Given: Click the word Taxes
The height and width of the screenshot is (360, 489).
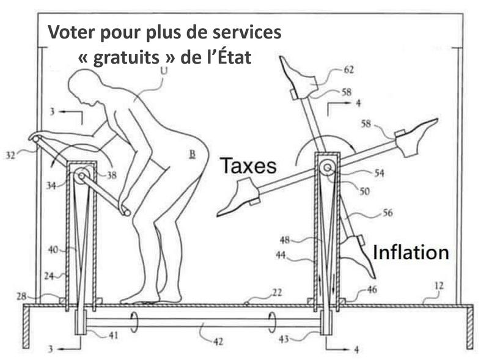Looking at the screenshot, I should (248, 165).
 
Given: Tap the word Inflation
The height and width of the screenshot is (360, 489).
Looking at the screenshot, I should (411, 252).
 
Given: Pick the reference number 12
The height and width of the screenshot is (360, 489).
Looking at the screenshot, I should (441, 285).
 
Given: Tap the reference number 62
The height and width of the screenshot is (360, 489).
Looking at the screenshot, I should (348, 70).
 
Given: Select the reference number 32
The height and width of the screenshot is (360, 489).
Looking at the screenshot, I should (12, 156).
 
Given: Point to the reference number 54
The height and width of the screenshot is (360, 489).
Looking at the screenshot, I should (379, 174).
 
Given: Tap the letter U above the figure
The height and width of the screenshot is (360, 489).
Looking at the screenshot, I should (163, 72).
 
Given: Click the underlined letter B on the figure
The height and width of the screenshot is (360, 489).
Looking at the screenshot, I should (192, 155).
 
